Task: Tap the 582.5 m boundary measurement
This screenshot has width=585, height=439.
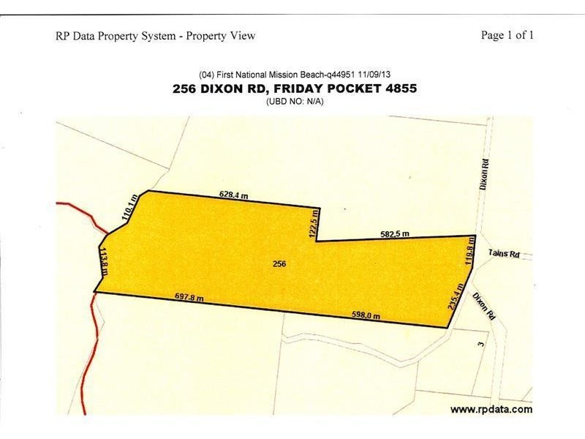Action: coord(395,234)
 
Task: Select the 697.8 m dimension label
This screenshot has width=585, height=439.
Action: coord(189,298)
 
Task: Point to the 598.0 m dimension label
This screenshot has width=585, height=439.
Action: coord(366,315)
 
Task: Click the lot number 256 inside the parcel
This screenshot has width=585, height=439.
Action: coord(279,263)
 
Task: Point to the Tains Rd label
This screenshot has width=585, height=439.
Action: coord(504,254)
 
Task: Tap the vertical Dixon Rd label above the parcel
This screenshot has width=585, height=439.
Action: coord(483,173)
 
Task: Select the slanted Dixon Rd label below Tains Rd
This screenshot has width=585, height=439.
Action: coord(485,306)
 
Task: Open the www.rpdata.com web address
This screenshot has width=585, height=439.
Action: coord(491,409)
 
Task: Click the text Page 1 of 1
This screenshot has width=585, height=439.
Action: coord(507,35)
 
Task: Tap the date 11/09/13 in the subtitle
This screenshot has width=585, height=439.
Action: coord(374,75)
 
